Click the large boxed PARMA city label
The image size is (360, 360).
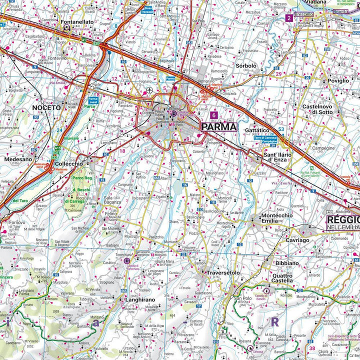pyautogui.click(x=218, y=126)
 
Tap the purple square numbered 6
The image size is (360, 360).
pyautogui.click(x=213, y=115)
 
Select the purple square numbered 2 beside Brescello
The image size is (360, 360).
pyautogui.click(x=288, y=18)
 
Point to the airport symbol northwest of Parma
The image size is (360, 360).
pyautogui.click(x=149, y=90)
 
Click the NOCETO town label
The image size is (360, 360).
pyautogui.click(x=46, y=107)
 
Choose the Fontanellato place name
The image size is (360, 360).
pyautogui.click(x=77, y=22)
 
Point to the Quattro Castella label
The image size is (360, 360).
pyautogui.click(x=283, y=277)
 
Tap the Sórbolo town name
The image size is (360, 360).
pyautogui.click(x=245, y=65)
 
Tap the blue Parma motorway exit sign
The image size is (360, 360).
pyautogui.click(x=170, y=78)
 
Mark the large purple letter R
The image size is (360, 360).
pyautogui.click(x=274, y=321)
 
